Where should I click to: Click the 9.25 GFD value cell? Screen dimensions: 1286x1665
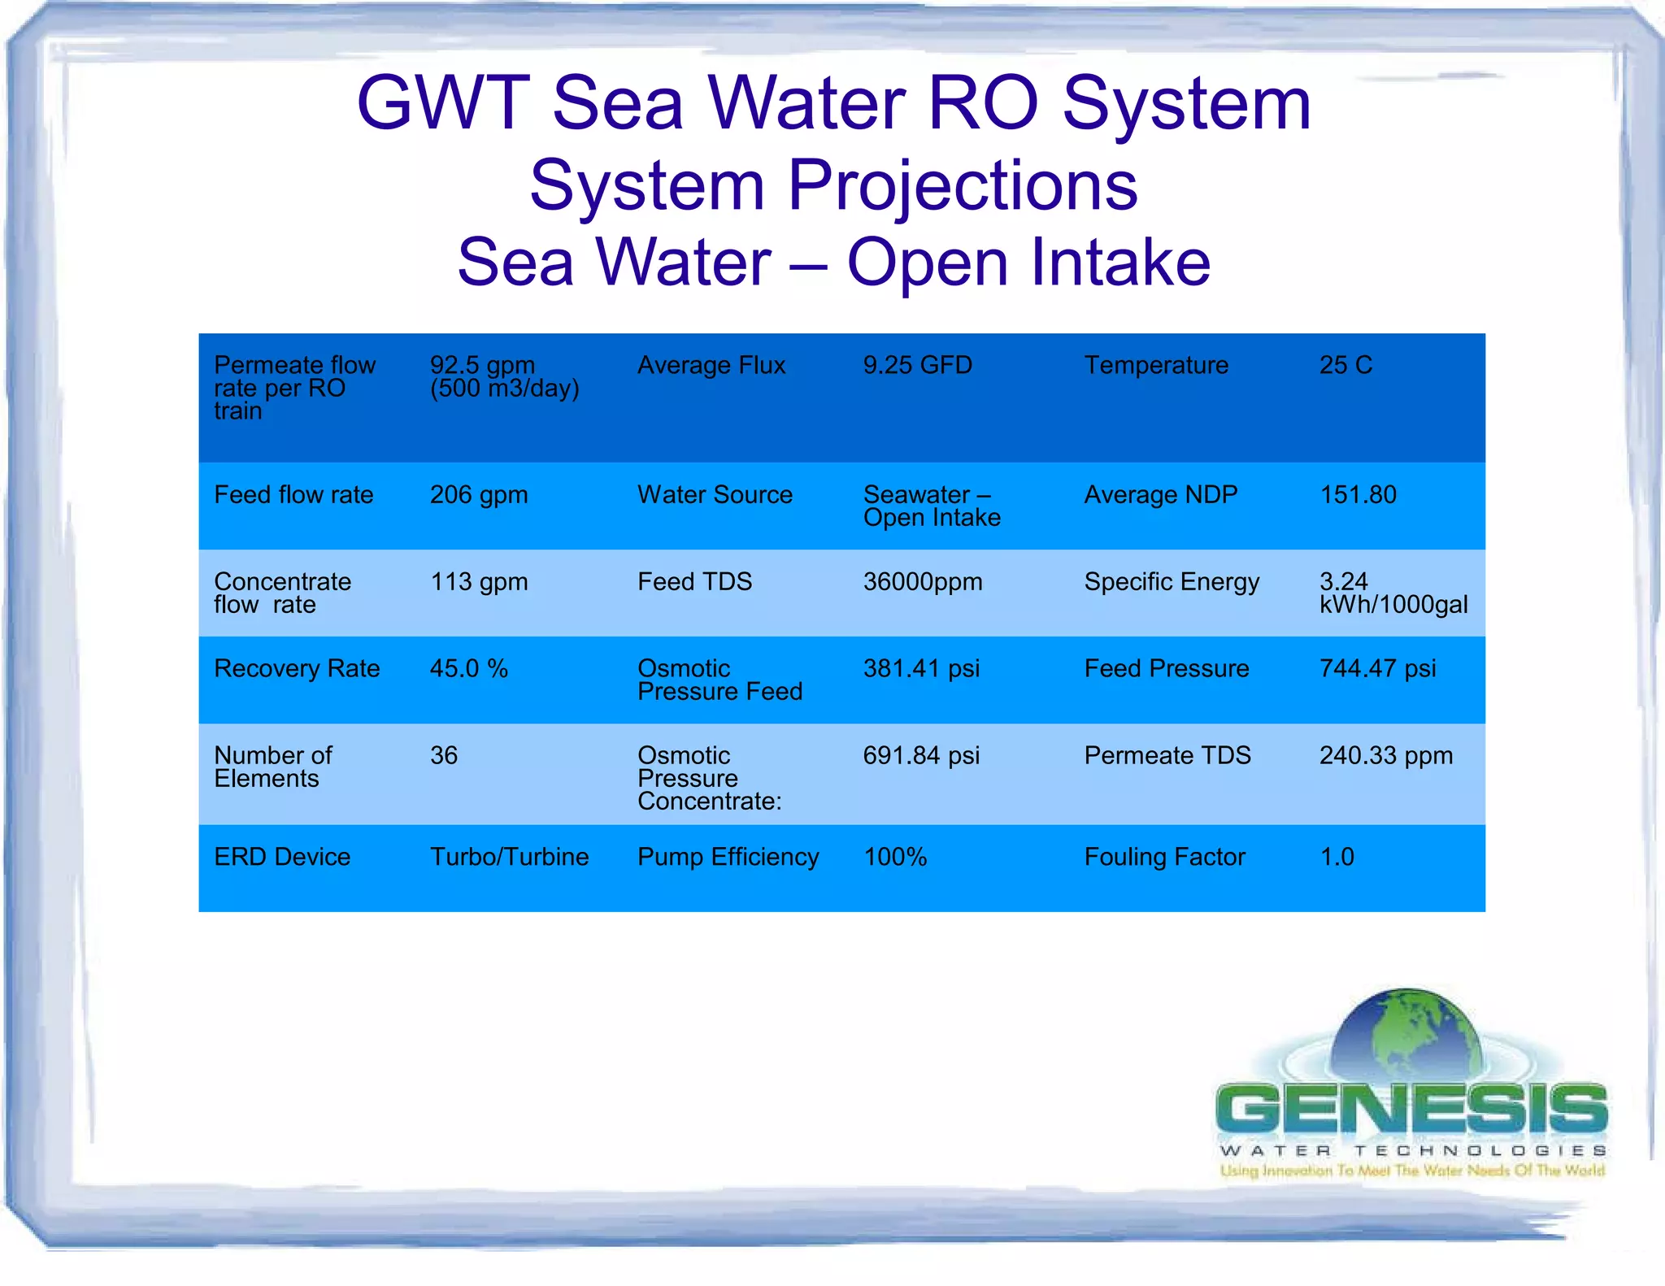[917, 365]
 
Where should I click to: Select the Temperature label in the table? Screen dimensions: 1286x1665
[1155, 365]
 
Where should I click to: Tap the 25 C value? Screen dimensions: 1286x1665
[1345, 365]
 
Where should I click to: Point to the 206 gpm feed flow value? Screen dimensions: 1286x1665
[479, 494]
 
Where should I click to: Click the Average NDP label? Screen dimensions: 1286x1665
[1160, 494]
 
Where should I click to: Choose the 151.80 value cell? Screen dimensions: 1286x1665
[1358, 494]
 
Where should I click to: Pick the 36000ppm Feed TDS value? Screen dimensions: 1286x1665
[923, 581]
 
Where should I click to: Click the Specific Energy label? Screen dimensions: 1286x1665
[1172, 581]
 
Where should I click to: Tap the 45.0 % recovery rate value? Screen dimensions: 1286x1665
[468, 668]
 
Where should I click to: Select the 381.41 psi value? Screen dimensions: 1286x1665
[921, 668]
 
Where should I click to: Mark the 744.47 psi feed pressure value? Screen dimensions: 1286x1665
[1377, 668]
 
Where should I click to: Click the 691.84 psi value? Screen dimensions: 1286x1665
[921, 755]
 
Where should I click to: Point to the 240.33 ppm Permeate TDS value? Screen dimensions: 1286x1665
[1385, 755]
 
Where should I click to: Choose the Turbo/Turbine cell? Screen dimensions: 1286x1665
[509, 857]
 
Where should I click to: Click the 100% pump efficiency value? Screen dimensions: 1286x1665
[895, 857]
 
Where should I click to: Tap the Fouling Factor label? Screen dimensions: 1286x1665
[1164, 857]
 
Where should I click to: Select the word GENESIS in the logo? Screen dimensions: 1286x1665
[1411, 1110]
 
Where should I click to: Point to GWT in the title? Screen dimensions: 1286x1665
[443, 103]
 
